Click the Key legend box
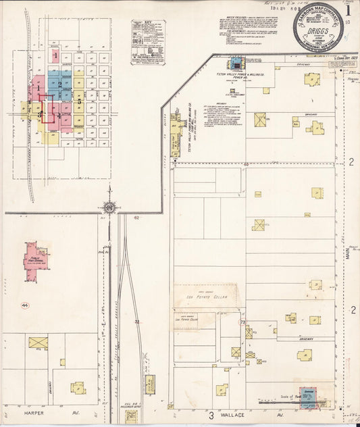pyautogui.click(x=148, y=42)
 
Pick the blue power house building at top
pyautogui.click(x=236, y=64)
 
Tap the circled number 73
pyautogui.click(x=242, y=323)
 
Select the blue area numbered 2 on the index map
pyautogui.click(x=60, y=84)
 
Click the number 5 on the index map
pyautogui.click(x=79, y=103)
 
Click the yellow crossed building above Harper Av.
pyautogui.click(x=38, y=343)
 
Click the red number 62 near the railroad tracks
pyautogui.click(x=136, y=218)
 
